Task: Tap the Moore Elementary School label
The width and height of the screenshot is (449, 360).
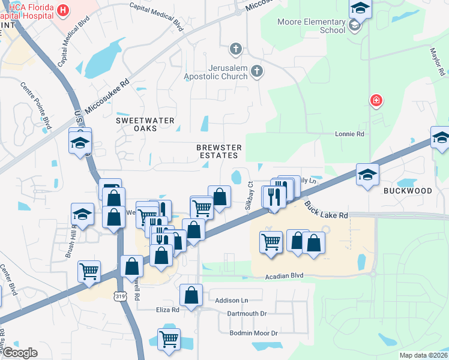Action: (x=312, y=26)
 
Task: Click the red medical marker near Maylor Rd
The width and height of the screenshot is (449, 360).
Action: (x=376, y=100)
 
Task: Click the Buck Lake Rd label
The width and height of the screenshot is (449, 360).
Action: (x=326, y=209)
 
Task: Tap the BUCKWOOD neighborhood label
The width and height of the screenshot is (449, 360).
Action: (x=408, y=191)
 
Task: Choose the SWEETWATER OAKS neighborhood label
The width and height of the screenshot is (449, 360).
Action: (x=145, y=124)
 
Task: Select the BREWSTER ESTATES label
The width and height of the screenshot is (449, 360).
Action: (x=219, y=151)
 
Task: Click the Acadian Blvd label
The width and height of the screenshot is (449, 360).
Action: (x=285, y=275)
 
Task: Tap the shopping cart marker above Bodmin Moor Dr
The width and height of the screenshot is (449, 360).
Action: (x=169, y=339)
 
